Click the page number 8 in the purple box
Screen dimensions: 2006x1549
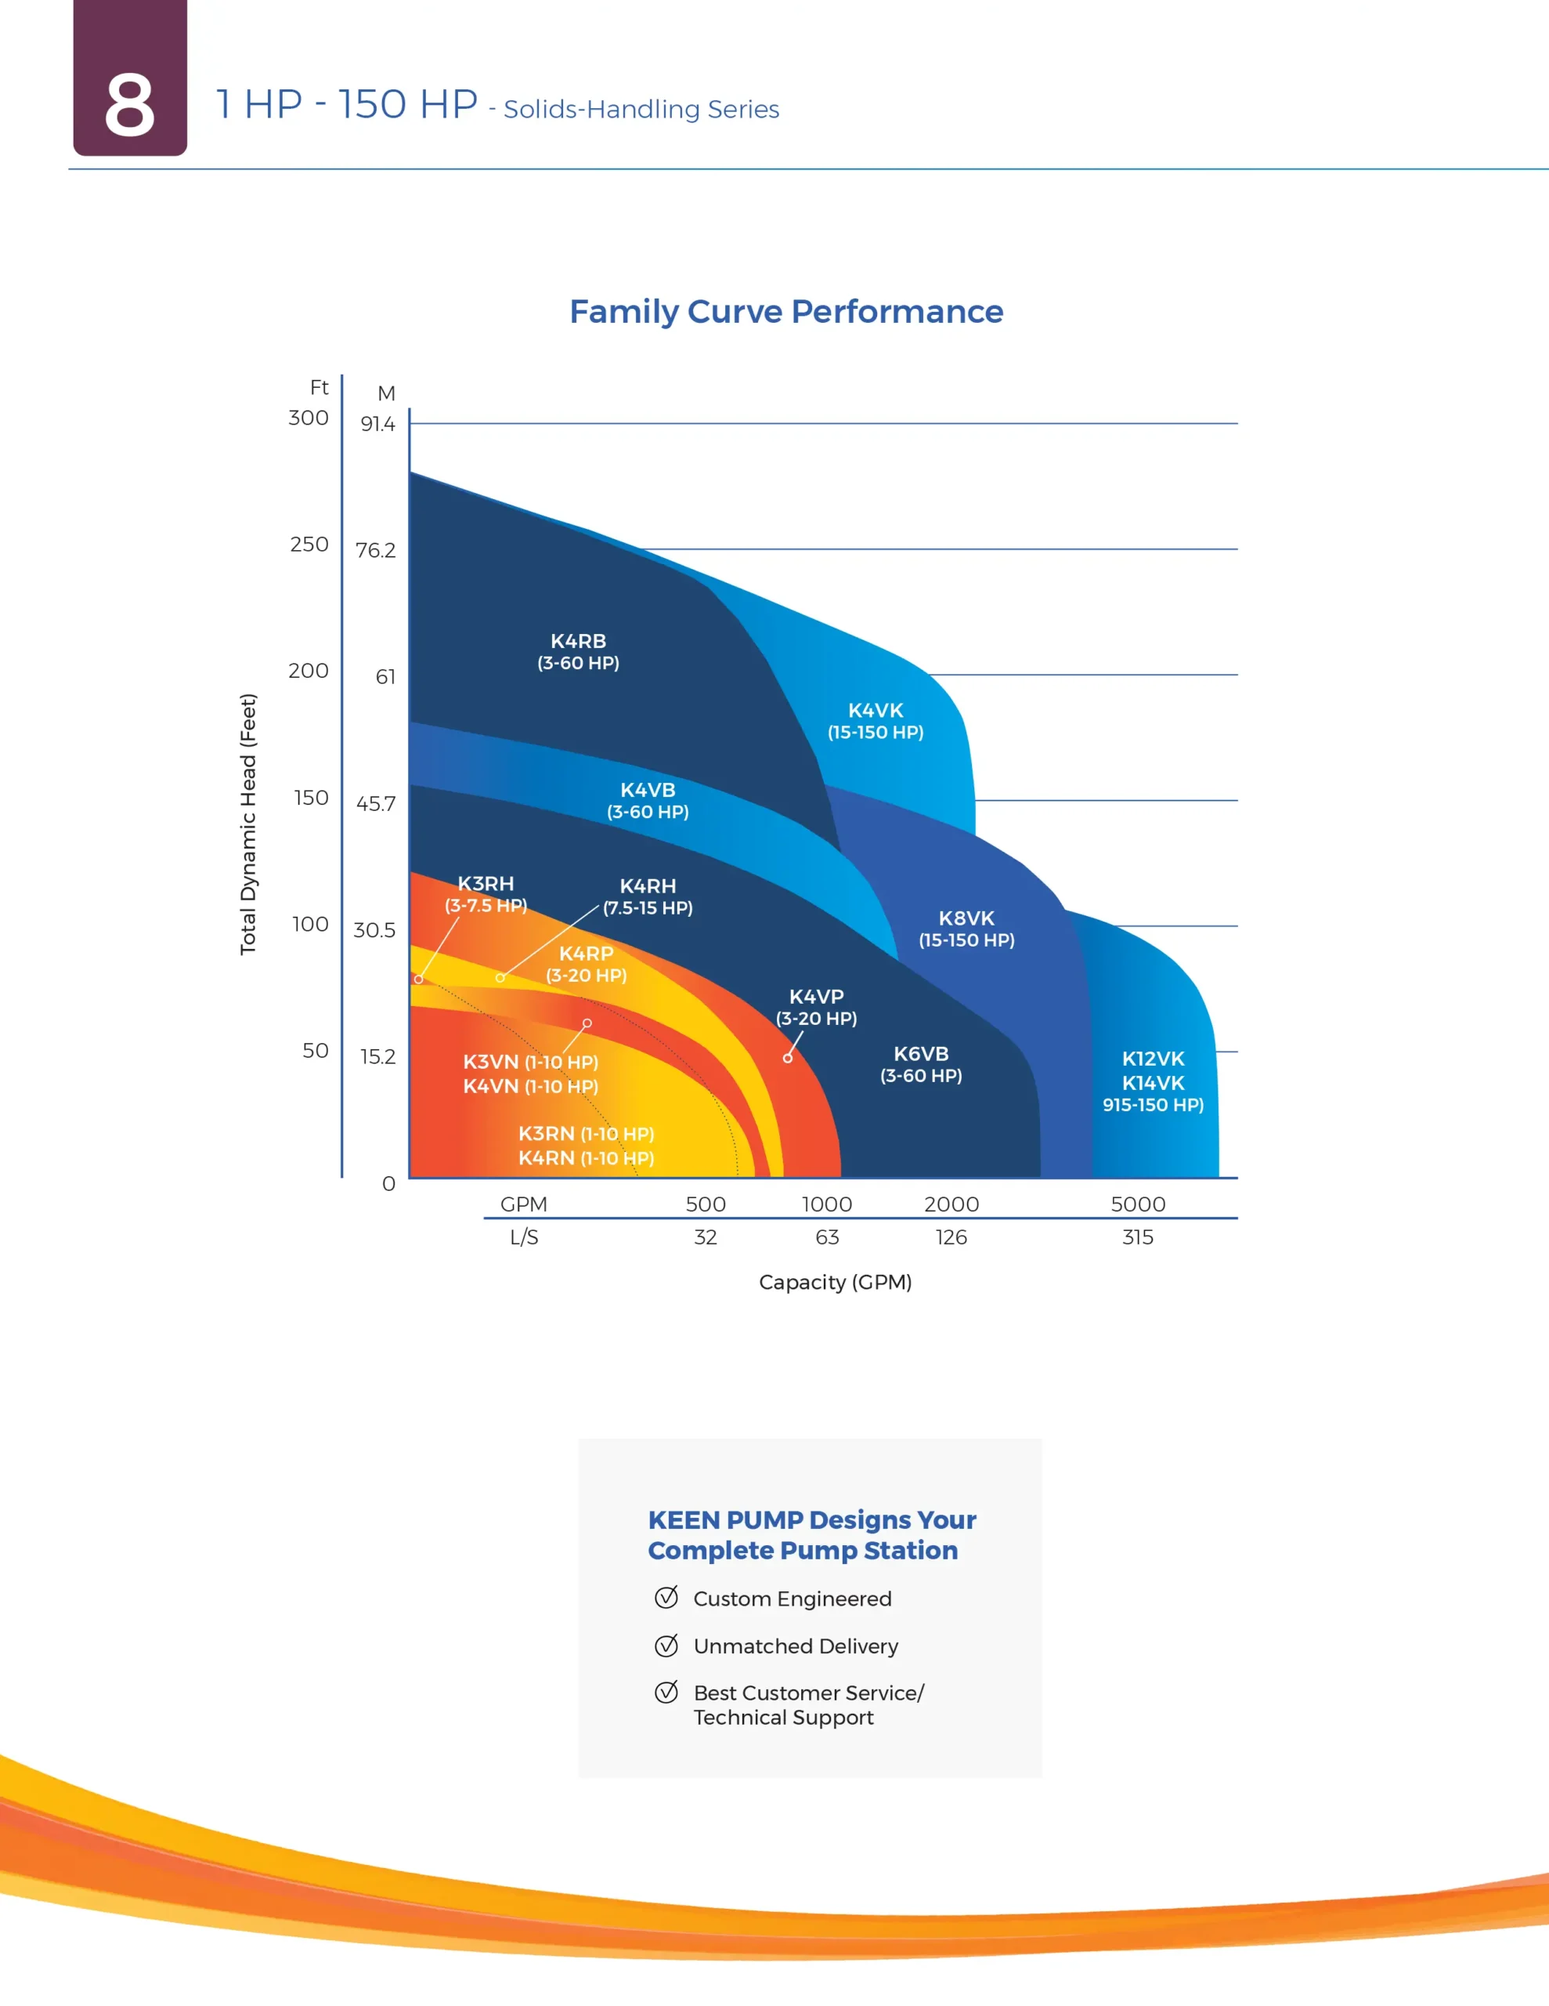coord(129,106)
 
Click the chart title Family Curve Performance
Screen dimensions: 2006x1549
coord(786,311)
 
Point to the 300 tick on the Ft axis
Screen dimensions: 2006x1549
coord(309,418)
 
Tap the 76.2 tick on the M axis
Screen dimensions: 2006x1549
coord(376,550)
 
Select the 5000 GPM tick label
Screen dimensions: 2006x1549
coord(1138,1204)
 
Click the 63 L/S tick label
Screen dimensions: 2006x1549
coord(826,1237)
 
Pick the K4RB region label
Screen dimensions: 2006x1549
coord(577,642)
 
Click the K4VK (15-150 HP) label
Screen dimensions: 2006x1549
coord(875,721)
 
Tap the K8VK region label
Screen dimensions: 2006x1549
coord(966,918)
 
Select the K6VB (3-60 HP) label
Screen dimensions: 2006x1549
coord(921,1063)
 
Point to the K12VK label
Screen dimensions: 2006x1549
coord(1154,1059)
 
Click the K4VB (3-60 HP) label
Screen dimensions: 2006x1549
coord(648,800)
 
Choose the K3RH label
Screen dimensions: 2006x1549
coord(486,884)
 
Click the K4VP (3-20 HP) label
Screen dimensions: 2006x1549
coord(816,1007)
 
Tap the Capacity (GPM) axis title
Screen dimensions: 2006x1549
coord(835,1282)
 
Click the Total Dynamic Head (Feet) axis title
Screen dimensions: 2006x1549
coord(248,824)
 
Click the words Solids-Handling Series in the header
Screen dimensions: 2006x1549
coord(641,109)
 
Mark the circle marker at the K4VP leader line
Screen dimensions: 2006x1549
coord(788,1058)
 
